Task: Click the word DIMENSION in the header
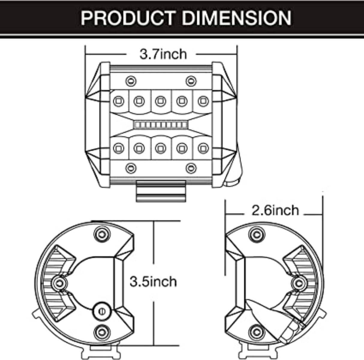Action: [x=237, y=18]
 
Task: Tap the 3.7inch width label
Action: [x=163, y=54]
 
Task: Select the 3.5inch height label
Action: [x=153, y=282]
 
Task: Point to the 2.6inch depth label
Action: [x=275, y=210]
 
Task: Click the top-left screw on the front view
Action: [x=131, y=81]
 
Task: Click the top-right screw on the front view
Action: [x=191, y=81]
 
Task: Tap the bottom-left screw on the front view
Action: [x=131, y=168]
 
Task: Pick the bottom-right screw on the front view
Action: [x=191, y=168]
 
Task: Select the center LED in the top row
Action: [x=160, y=101]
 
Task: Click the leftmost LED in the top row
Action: [x=118, y=101]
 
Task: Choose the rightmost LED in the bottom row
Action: [x=203, y=148]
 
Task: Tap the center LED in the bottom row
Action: [x=160, y=148]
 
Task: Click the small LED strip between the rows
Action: [x=160, y=124]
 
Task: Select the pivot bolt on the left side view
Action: [x=59, y=282]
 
